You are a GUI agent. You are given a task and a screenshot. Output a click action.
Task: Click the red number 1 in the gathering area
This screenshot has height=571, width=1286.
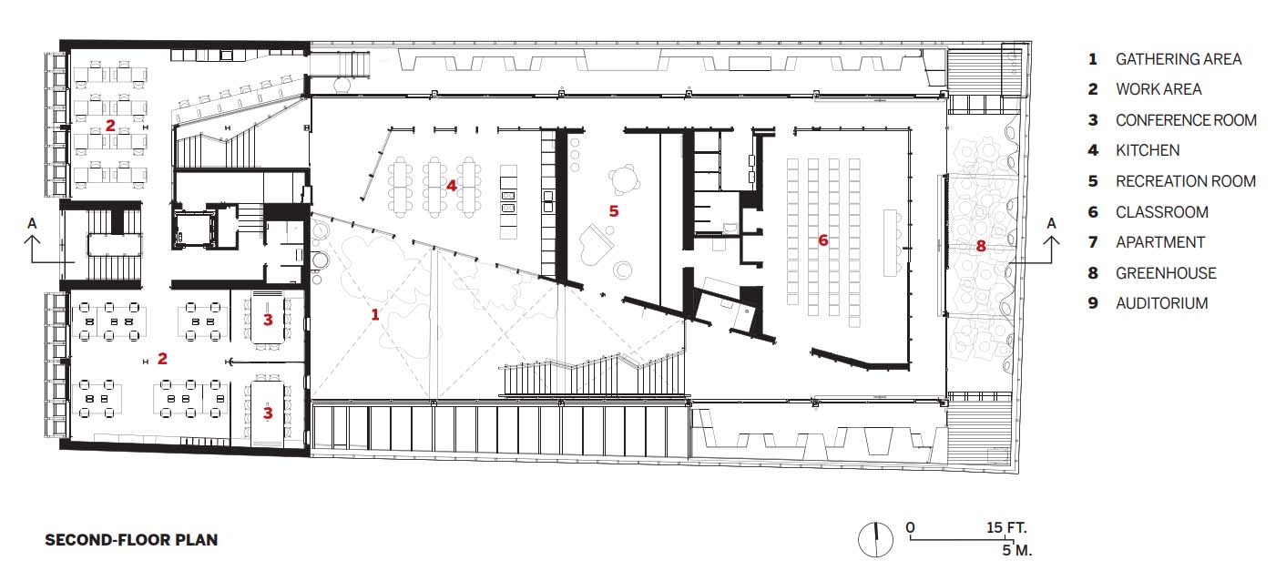click(375, 314)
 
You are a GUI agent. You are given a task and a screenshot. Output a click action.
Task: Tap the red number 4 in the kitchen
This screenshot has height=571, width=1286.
click(451, 186)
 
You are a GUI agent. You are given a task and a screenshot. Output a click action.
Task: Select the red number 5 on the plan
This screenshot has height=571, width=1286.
click(614, 211)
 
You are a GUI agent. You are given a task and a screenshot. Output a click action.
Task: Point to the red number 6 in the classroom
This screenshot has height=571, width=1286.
click(822, 240)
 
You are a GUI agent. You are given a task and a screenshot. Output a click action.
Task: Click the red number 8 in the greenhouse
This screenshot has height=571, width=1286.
click(981, 246)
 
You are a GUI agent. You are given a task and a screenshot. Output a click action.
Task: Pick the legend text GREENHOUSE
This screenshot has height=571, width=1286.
click(1166, 273)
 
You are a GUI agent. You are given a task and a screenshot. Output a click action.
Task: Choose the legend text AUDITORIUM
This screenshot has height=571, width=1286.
click(1161, 303)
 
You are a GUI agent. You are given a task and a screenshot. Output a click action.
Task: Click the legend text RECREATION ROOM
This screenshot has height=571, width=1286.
click(1186, 181)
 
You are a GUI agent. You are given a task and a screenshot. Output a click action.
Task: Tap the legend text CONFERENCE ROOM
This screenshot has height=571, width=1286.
click(1186, 120)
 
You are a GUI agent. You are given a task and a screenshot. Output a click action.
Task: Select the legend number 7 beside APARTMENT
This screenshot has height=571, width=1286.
click(1093, 243)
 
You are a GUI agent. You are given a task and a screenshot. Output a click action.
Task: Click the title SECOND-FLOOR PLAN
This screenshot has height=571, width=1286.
click(131, 540)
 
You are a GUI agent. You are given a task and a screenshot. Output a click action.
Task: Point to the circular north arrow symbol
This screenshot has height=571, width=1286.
click(875, 539)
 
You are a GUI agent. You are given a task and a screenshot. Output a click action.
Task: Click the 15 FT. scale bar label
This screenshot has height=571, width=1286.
click(1006, 527)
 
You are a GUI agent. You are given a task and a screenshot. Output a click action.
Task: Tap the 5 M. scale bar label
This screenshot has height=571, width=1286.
click(1016, 550)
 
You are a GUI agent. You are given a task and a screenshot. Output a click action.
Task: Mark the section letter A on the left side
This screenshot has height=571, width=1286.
click(32, 223)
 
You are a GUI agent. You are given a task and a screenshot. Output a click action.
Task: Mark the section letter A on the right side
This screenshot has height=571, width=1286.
click(1051, 223)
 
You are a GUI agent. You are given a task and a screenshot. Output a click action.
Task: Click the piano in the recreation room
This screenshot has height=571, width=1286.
click(597, 244)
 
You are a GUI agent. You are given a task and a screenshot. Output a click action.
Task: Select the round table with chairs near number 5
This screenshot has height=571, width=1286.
click(624, 179)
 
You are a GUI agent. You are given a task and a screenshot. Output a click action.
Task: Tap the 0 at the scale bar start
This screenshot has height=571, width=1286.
click(910, 527)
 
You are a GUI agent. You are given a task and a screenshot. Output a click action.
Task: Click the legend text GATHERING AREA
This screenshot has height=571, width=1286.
click(1178, 59)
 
